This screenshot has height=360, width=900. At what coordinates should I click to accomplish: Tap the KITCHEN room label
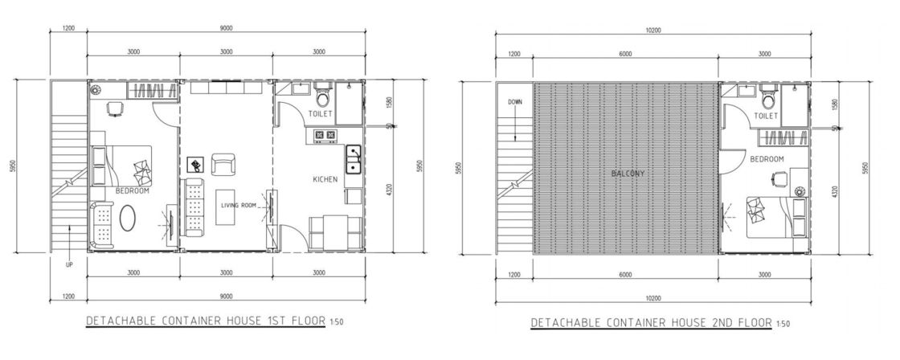point(325,180)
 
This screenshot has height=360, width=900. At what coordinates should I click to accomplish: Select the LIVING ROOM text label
point(239,206)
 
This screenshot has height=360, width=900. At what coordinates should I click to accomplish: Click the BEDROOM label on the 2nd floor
point(767,159)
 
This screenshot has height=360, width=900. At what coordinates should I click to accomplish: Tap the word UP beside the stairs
point(70,264)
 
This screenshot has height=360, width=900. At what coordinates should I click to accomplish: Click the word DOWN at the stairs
point(516,102)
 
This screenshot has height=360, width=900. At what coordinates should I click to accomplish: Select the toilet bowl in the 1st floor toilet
point(323,98)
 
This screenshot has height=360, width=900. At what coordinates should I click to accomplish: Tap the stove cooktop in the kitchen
point(324,137)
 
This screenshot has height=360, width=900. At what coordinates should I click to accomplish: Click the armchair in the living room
point(223,165)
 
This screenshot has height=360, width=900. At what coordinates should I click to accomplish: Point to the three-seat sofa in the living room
point(194,206)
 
